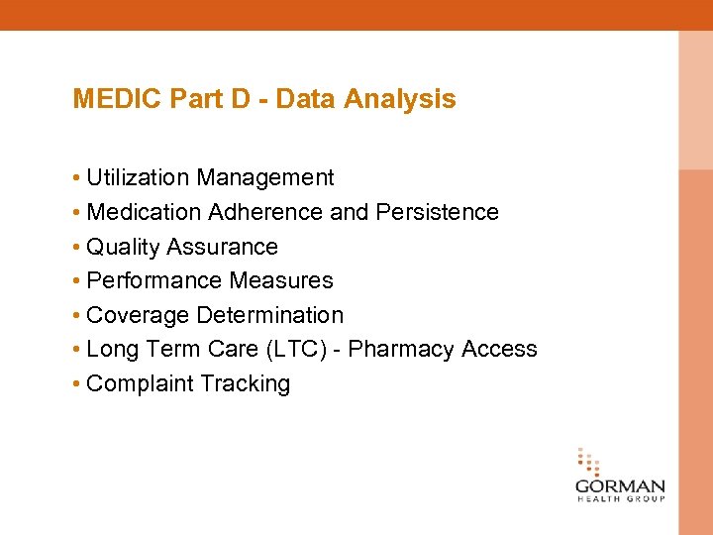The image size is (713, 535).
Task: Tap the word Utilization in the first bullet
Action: [138, 178]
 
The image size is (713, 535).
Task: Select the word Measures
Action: [281, 281]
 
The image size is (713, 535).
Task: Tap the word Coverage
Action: [138, 316]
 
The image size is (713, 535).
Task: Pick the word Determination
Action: [269, 316]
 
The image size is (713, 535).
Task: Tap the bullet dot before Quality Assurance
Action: [76, 248]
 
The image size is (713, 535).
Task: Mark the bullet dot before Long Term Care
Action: [76, 351]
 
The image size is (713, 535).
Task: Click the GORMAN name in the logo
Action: [620, 486]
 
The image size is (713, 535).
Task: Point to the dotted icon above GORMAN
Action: [589, 462]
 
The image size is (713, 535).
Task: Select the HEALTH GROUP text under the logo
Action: [620, 499]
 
